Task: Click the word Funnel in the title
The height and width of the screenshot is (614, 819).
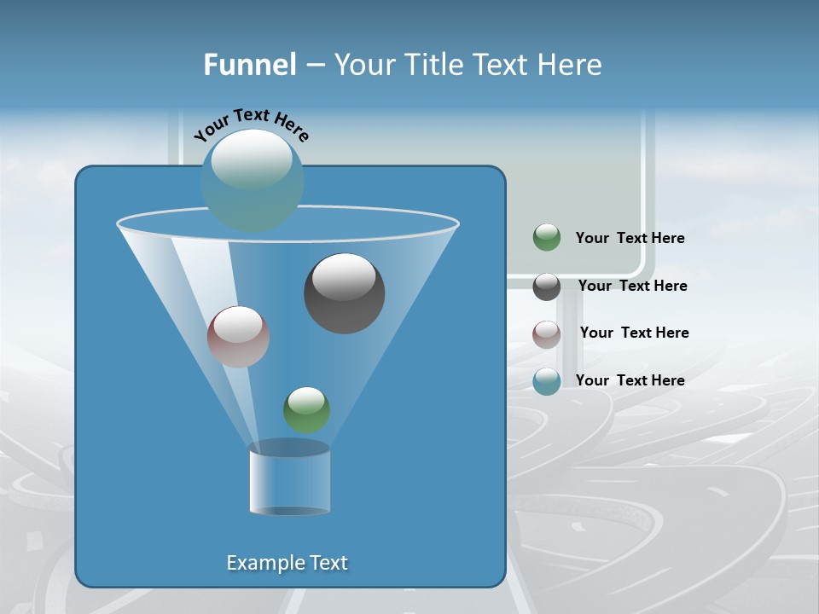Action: [250, 65]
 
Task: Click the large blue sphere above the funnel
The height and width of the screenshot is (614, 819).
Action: [253, 180]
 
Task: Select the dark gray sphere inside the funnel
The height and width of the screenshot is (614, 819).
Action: [344, 294]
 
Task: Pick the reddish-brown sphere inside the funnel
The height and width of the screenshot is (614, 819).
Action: [239, 337]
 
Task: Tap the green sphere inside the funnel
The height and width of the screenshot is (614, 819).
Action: [306, 409]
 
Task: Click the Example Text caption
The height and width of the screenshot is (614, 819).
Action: [287, 563]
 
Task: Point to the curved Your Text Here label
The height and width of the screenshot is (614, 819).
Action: [251, 124]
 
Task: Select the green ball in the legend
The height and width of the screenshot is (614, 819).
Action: [547, 237]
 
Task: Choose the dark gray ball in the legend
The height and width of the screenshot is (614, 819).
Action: [547, 287]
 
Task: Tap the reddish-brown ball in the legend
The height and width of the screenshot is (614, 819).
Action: [547, 333]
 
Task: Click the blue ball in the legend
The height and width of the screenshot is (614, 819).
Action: [547, 381]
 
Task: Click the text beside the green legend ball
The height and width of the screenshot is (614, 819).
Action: [630, 239]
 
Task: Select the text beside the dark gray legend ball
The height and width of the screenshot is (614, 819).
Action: [632, 287]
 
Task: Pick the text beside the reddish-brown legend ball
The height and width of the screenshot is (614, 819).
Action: [634, 333]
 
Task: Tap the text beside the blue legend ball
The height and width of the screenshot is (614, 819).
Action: [630, 381]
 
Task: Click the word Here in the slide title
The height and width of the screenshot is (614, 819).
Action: [570, 65]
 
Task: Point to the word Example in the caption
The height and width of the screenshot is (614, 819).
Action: [264, 563]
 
